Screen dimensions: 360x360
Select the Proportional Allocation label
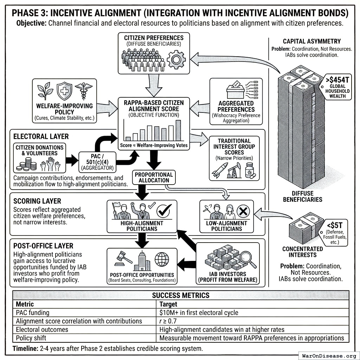click(x=154, y=178)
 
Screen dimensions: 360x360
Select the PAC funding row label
click(x=33, y=313)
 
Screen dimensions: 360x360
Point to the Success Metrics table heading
click(x=181, y=295)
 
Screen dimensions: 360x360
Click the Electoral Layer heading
click(x=36, y=136)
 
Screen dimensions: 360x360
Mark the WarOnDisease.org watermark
click(x=328, y=355)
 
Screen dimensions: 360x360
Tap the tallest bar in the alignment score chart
click(x=178, y=130)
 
